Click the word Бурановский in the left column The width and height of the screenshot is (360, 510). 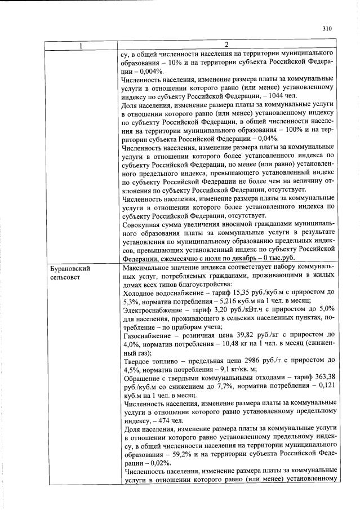[70, 268]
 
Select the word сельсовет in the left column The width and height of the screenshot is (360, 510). [65, 278]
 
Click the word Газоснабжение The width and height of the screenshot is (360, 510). [147, 336]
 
